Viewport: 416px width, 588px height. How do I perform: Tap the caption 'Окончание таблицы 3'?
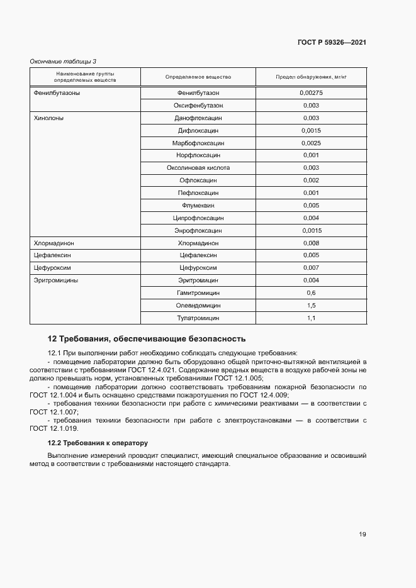(64, 61)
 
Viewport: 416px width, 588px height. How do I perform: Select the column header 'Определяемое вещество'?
(198, 77)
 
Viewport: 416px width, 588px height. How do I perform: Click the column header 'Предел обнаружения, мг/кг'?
(311, 77)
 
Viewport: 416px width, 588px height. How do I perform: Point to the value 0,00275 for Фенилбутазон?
(311, 92)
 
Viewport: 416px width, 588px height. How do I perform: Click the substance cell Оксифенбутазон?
(198, 105)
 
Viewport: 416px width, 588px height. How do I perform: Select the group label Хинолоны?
(48, 118)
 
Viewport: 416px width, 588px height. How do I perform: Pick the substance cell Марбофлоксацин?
(198, 143)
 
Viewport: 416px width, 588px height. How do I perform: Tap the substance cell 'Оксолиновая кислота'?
(198, 168)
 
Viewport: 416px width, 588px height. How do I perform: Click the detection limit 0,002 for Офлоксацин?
(311, 180)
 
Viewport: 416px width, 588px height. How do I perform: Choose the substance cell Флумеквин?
(198, 205)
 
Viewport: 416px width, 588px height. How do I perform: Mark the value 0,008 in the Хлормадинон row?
(311, 243)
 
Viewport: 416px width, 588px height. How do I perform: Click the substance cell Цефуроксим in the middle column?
(198, 268)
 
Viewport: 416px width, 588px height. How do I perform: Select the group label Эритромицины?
(55, 280)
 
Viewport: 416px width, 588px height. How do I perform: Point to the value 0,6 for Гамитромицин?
(311, 293)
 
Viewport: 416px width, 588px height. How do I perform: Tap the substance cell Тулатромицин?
(198, 318)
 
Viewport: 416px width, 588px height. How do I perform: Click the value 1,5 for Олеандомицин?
(311, 306)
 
